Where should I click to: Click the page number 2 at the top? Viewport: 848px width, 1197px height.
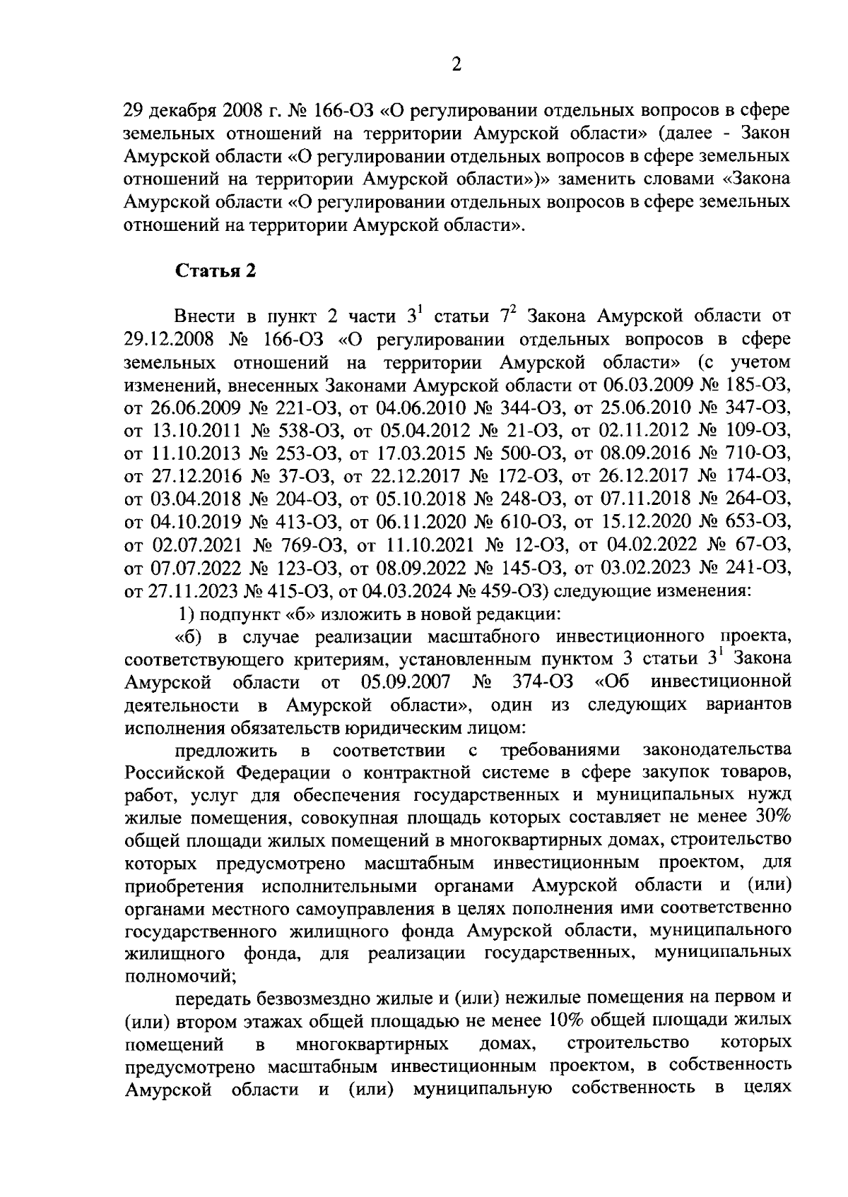[x=456, y=65]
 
